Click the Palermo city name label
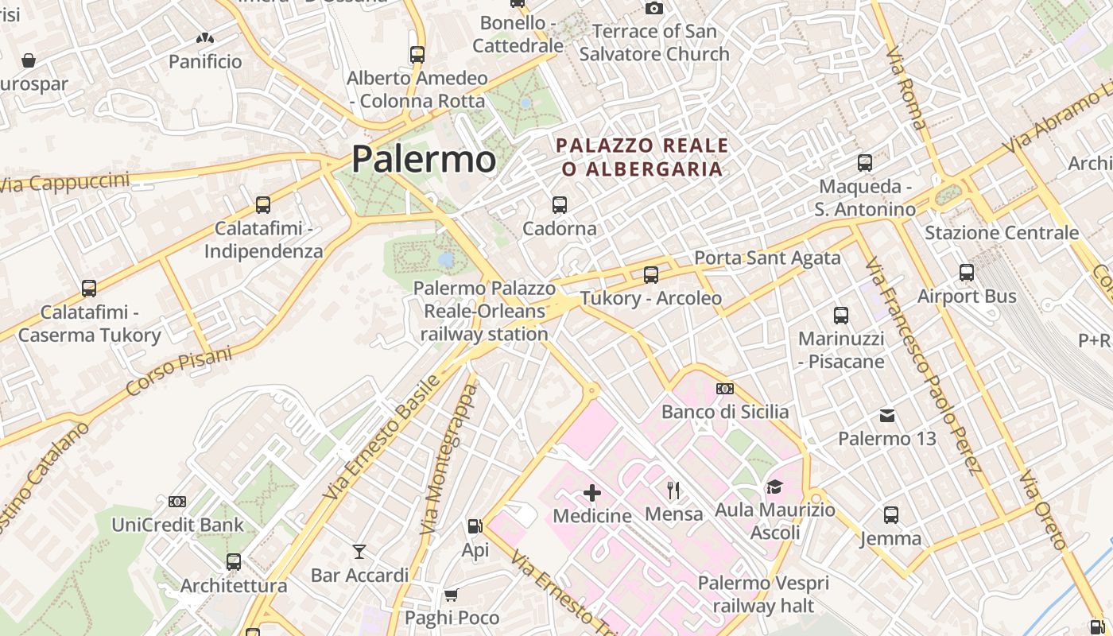pyautogui.click(x=424, y=159)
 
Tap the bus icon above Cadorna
pyautogui.click(x=560, y=205)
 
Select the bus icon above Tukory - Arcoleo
pyautogui.click(x=651, y=275)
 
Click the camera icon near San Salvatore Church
pyautogui.click(x=654, y=9)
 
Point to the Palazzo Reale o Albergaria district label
pyautogui.click(x=642, y=157)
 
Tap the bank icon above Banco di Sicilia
pyautogui.click(x=725, y=389)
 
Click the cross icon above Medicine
pyautogui.click(x=592, y=493)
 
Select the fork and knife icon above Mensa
pyautogui.click(x=673, y=490)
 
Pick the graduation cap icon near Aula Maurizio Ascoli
pyautogui.click(x=774, y=487)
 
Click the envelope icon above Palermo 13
pyautogui.click(x=887, y=416)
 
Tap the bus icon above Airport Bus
pyautogui.click(x=967, y=273)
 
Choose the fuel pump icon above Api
pyautogui.click(x=475, y=525)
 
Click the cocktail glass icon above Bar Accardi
pyautogui.click(x=359, y=551)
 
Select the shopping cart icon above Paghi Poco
pyautogui.click(x=451, y=595)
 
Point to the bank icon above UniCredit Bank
pyautogui.click(x=177, y=502)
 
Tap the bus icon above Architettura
pyautogui.click(x=234, y=562)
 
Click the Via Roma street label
pyautogui.click(x=906, y=87)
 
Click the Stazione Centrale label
pyautogui.click(x=1002, y=233)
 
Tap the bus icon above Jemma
pyautogui.click(x=891, y=515)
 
